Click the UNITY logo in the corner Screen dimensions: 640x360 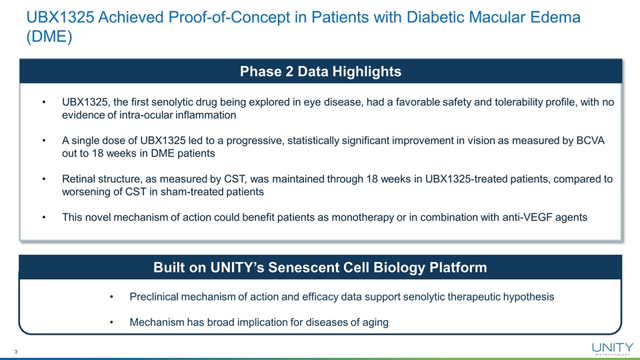click(x=612, y=349)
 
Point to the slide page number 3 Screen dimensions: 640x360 click(x=16, y=352)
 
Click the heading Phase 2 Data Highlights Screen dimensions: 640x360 click(x=321, y=71)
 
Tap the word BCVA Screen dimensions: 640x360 click(x=590, y=141)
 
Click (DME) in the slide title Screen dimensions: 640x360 click(x=49, y=37)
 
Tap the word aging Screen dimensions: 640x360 click(x=375, y=323)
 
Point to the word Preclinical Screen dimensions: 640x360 click(x=154, y=297)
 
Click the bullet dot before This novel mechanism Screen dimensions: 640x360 click(x=44, y=217)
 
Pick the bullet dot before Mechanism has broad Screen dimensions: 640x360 click(x=111, y=323)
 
